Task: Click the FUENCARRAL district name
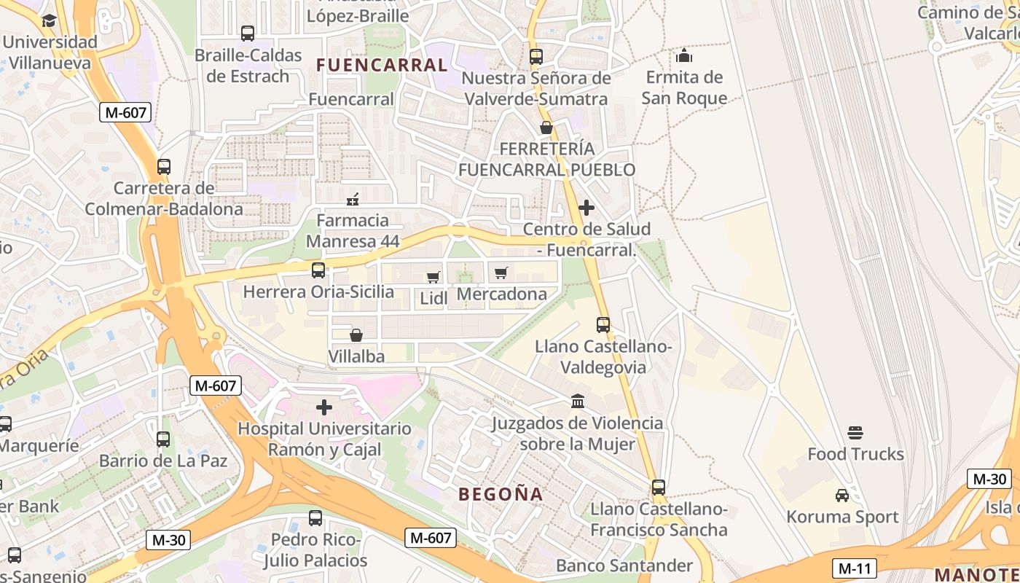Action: (382, 65)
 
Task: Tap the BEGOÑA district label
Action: (501, 494)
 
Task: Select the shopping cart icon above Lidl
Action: (433, 277)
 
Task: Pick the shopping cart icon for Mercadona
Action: (501, 273)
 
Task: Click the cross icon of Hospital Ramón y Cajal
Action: (324, 407)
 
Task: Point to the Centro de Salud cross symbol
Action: (586, 208)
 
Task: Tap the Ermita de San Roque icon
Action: (683, 55)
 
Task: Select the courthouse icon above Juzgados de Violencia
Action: (578, 401)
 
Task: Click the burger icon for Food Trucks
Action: (855, 433)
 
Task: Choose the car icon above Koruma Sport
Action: (841, 496)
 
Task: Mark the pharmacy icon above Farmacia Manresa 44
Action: (353, 199)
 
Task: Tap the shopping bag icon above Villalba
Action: (356, 335)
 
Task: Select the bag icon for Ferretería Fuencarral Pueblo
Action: (546, 128)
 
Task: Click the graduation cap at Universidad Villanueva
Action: (49, 20)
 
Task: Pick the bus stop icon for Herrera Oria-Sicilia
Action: (318, 270)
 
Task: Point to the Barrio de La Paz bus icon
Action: (163, 439)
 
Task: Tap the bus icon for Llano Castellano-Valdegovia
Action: (603, 325)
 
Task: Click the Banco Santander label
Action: (624, 566)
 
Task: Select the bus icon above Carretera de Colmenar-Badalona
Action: (164, 167)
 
